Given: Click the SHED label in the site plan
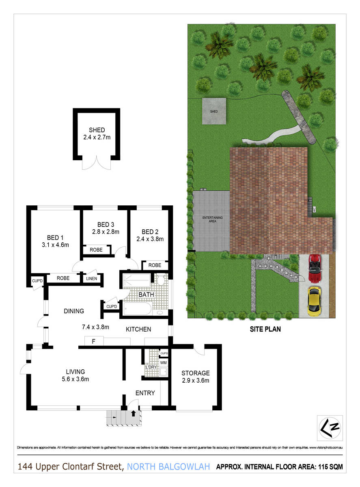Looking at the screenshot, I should click(213, 111).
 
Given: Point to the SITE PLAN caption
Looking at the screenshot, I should click(265, 330).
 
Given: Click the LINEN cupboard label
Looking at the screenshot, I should click(91, 278).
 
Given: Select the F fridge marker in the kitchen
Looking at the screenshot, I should click(93, 341).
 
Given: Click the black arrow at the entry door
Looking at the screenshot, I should click(134, 413).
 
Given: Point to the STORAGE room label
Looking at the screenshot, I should click(196, 373).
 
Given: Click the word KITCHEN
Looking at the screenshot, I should click(138, 329).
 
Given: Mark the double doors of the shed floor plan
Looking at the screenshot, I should click(96, 164).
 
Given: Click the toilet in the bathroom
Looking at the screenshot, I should click(160, 280).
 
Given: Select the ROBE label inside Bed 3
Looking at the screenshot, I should click(96, 250).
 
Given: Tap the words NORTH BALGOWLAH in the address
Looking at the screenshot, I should click(168, 467).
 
